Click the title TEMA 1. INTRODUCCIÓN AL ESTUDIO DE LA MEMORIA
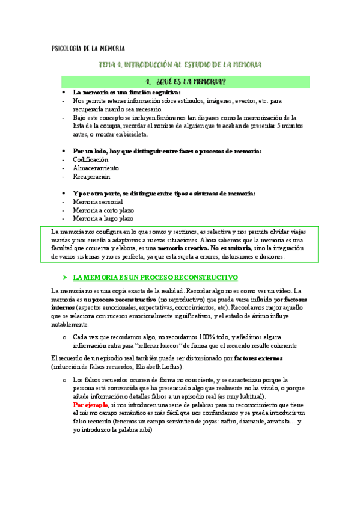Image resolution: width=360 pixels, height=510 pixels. [180, 64]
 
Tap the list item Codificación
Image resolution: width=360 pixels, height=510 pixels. [90, 160]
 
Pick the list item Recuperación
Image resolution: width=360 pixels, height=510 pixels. [91, 177]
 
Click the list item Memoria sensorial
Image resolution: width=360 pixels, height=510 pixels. [98, 202]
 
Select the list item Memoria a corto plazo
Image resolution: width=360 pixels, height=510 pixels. [103, 210]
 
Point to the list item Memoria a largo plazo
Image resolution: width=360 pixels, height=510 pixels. [103, 219]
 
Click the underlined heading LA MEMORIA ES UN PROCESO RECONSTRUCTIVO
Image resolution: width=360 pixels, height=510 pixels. [156, 278]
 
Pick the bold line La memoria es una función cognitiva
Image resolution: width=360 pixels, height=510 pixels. [126, 93]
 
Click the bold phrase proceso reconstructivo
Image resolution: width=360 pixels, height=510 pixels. [125, 300]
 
